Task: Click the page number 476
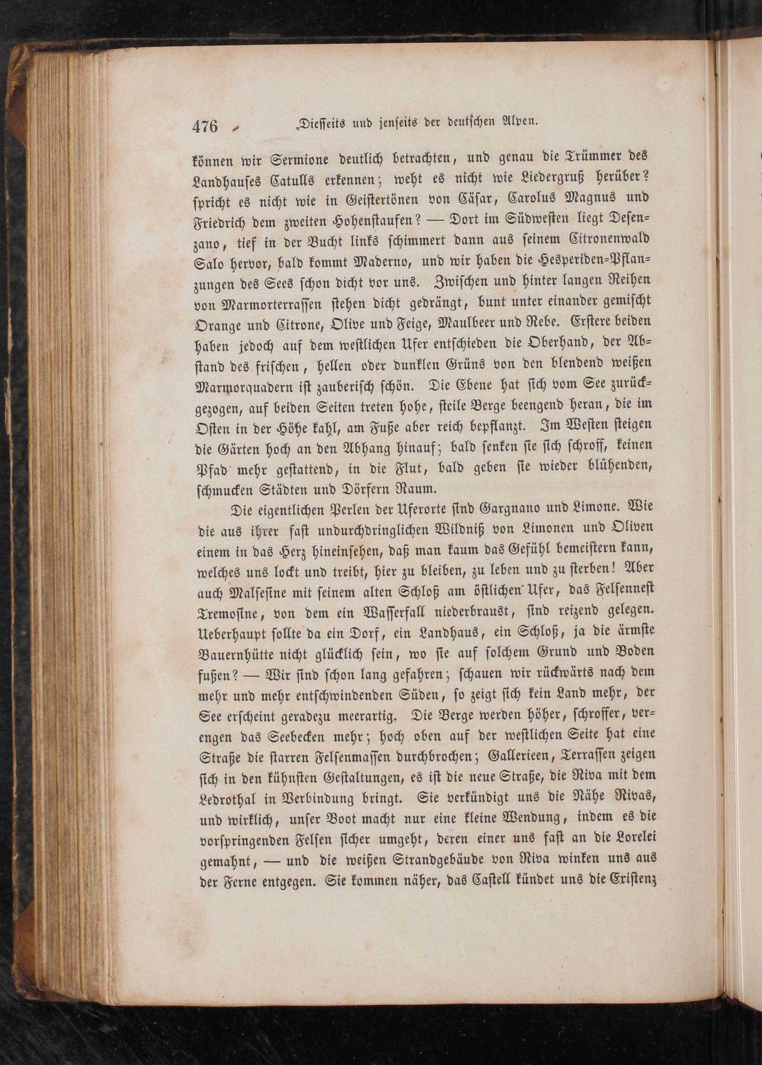click(205, 126)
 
